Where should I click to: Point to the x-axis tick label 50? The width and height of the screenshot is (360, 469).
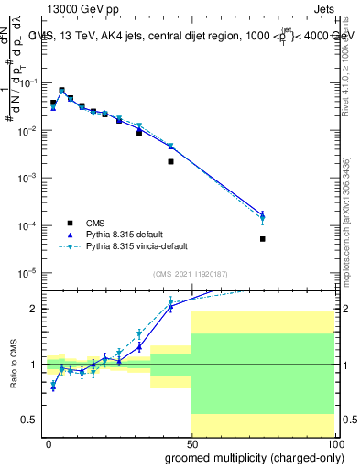[191, 444]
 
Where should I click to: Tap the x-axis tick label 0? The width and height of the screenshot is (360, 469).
[49, 444]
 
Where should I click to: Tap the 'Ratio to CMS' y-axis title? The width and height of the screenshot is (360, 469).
[12, 364]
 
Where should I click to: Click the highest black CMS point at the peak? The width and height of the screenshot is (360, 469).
[61, 91]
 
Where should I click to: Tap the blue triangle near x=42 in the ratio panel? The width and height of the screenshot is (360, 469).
[170, 307]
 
